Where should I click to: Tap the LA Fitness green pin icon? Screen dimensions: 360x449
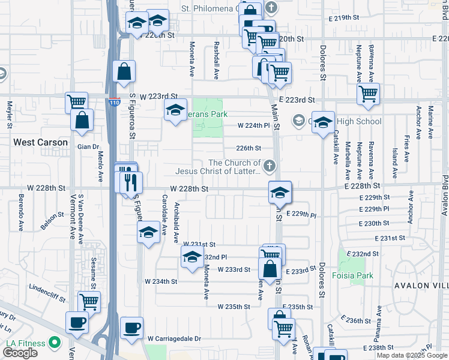tap(55, 343)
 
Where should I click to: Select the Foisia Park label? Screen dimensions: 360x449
tap(352, 276)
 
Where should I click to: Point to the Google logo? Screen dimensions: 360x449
tap(20, 353)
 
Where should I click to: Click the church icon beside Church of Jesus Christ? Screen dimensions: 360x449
tap(270, 165)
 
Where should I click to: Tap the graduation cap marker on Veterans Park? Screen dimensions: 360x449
tap(175, 110)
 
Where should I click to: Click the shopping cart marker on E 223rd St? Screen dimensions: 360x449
tap(367, 93)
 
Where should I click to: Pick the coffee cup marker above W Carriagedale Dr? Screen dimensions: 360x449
tap(131, 327)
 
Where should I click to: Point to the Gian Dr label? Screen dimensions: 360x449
tap(88, 146)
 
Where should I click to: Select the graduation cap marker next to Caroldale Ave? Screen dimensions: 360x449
tap(148, 232)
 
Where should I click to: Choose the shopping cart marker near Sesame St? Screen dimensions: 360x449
tap(89, 302)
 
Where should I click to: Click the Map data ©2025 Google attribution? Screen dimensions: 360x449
tap(411, 355)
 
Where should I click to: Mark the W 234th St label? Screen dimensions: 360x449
tap(161, 281)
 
